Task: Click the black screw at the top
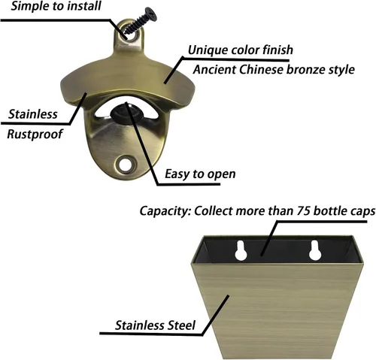click(x=141, y=21)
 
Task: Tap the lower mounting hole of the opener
click(x=124, y=165)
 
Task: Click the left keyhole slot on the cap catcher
click(x=241, y=250)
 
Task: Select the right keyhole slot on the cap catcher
click(x=315, y=250)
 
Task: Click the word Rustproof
click(x=35, y=135)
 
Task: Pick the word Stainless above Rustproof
click(x=33, y=114)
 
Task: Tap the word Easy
click(x=177, y=174)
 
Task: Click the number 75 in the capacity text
click(x=303, y=210)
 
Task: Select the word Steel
click(x=181, y=325)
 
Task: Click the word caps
click(x=362, y=211)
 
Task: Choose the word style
click(x=341, y=70)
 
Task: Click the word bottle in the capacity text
click(x=330, y=210)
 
